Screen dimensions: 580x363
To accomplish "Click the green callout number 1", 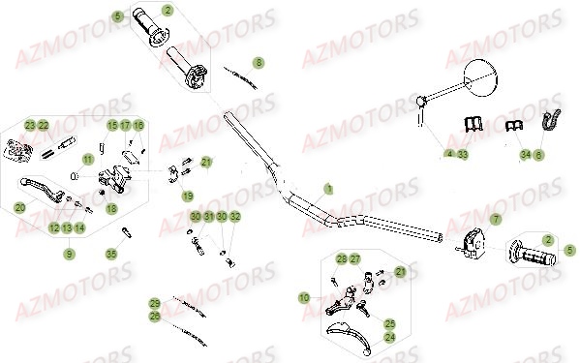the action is click(327, 188).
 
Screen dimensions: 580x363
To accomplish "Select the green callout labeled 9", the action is click(69, 254).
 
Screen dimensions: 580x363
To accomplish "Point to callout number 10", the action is click(305, 297).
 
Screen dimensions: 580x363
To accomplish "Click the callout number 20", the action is click(20, 207).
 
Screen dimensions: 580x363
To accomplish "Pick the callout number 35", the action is click(111, 254).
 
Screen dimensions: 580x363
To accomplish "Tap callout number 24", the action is click(390, 338).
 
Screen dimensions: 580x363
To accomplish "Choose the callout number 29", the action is click(154, 303).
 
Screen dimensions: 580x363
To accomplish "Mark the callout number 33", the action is click(463, 154).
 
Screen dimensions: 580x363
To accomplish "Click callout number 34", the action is click(525, 154).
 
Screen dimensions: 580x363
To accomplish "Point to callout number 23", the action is click(30, 126).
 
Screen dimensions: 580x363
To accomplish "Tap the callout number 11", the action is click(87, 160).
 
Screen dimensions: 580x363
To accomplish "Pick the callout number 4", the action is click(449, 154).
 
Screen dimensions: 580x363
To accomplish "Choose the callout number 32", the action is click(235, 216).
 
